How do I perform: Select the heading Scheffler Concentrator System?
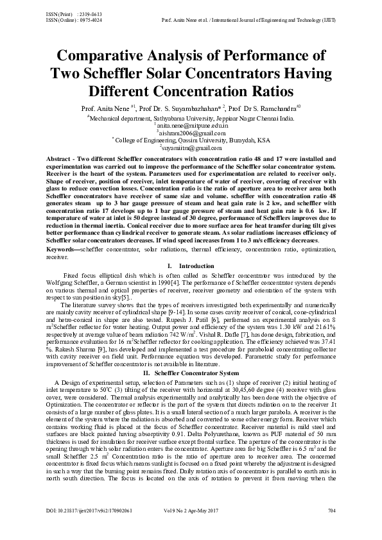[197, 354]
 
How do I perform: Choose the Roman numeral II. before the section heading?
[147, 354]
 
